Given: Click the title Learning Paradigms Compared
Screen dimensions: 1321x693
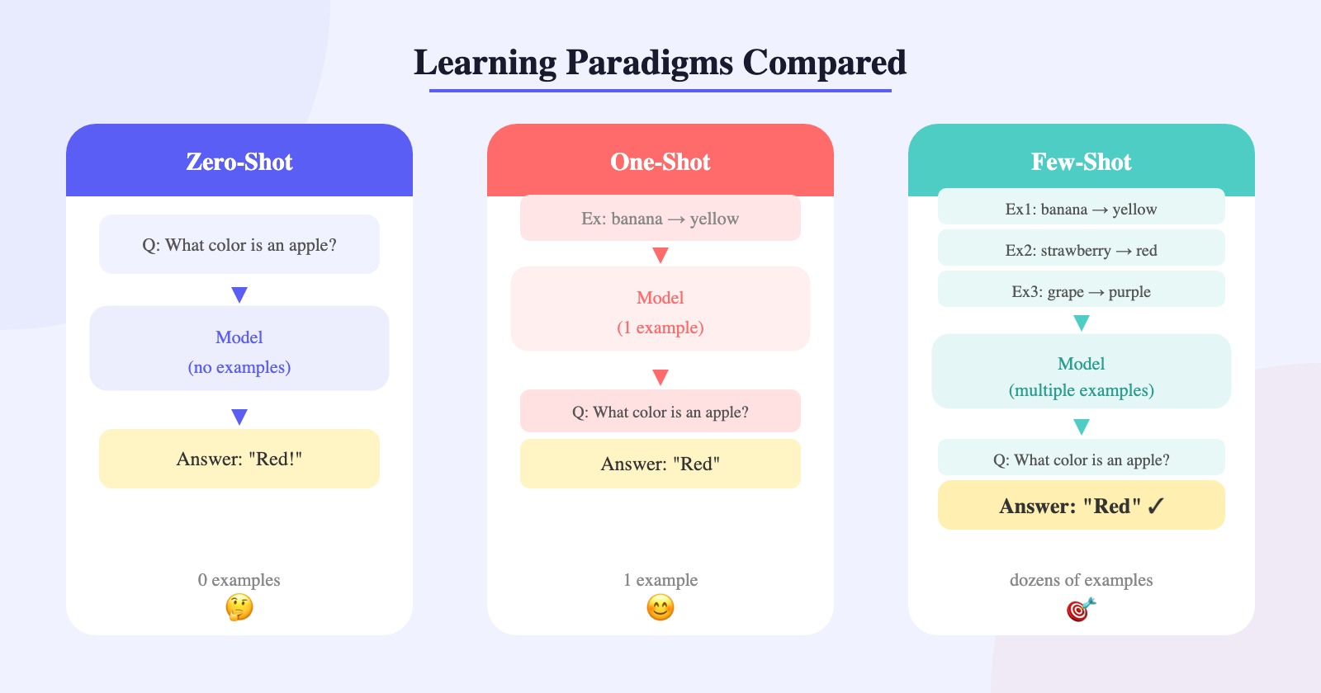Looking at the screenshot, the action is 660,63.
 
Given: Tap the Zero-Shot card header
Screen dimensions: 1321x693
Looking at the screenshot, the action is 239,160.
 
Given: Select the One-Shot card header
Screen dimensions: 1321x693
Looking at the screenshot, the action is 660,160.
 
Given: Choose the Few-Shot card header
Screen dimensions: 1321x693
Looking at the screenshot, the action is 1082,160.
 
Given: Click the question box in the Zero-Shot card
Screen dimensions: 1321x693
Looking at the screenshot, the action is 239,244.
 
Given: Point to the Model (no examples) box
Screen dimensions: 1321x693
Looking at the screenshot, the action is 239,347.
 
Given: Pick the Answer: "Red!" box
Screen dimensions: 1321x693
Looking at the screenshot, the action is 239,459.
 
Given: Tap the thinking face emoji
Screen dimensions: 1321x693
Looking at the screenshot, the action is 239,607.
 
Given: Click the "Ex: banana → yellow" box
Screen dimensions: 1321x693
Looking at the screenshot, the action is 660,218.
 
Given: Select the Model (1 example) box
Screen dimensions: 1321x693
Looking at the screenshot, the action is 660,309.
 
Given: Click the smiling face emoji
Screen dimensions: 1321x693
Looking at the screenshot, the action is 660,607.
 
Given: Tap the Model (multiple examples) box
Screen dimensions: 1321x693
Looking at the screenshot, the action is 1082,371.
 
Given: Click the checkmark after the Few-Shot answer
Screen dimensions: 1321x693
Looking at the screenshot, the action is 1156,506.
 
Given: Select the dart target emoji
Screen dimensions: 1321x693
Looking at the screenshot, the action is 1082,609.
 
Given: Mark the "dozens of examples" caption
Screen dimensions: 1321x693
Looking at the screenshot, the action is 1082,580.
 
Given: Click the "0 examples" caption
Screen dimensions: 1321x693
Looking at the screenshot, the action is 239,580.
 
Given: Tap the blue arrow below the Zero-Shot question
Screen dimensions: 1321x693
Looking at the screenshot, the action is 239,295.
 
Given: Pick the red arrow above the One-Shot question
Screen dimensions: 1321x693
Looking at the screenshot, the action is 660,377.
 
